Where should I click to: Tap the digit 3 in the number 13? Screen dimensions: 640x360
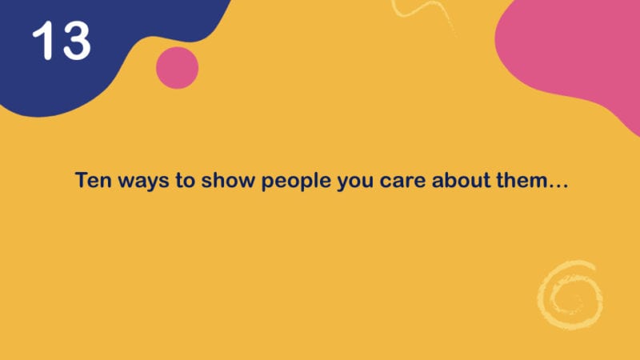click(x=76, y=41)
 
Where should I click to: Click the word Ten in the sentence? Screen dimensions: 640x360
click(x=93, y=180)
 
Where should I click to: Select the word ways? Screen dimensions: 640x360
click(x=143, y=182)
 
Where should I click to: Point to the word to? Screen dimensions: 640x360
click(x=185, y=181)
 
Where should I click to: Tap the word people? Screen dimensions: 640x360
click(x=296, y=182)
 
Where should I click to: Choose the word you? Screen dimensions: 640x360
click(x=355, y=182)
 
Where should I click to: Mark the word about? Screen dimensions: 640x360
click(x=461, y=180)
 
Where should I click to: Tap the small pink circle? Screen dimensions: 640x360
click(x=177, y=68)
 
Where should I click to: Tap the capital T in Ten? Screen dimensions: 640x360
click(x=82, y=180)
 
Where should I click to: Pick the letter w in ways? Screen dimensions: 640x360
click(x=126, y=182)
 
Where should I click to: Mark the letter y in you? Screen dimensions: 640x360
click(x=344, y=183)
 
